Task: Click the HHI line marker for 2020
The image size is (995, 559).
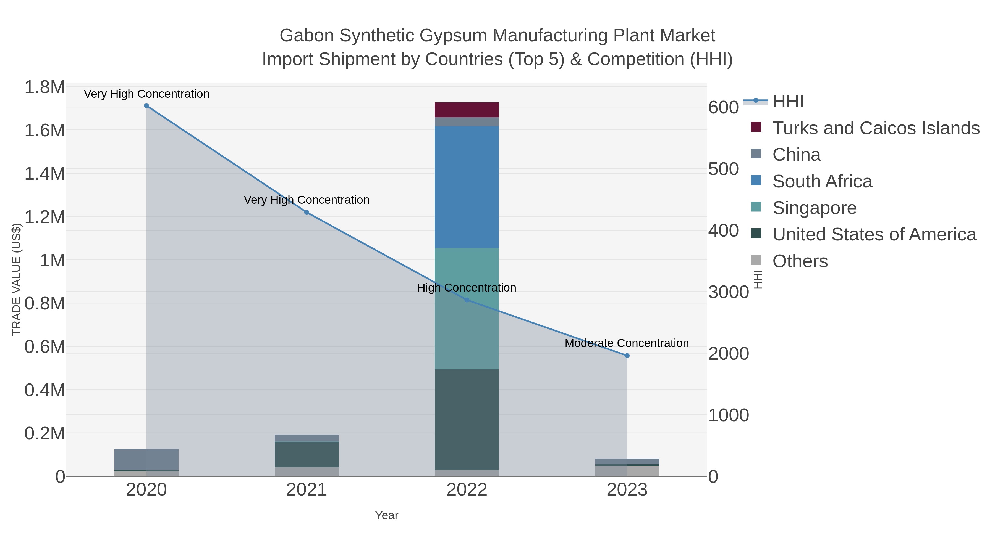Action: [x=146, y=106]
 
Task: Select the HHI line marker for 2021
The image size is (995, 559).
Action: [x=307, y=212]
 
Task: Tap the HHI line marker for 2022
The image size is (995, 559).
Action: [x=467, y=300]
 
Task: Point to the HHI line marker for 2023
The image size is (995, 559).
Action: [x=627, y=356]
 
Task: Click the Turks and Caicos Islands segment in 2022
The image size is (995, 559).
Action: [x=467, y=110]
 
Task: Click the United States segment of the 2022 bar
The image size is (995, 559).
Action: [x=467, y=419]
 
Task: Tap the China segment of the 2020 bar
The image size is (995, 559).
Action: [x=146, y=459]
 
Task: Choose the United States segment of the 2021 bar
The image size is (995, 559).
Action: [x=307, y=454]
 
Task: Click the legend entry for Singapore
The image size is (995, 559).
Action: [x=814, y=208]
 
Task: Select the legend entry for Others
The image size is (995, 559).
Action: [x=800, y=261]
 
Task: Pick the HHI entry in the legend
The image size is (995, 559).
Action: [x=788, y=102]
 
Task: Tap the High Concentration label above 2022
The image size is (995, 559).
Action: [x=467, y=288]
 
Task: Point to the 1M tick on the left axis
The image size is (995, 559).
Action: [x=53, y=260]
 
